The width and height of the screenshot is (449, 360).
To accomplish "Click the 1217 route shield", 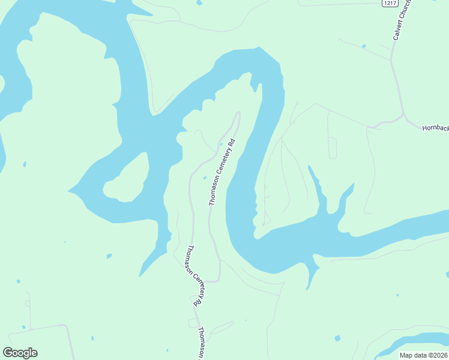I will (x=390, y=4).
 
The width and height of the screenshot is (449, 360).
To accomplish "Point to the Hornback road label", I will (x=435, y=128).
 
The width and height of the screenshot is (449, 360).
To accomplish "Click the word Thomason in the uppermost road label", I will (x=214, y=191).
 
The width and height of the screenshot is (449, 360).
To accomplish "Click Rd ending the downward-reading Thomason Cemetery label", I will (x=196, y=302).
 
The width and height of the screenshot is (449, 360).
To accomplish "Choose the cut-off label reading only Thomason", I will (x=202, y=343).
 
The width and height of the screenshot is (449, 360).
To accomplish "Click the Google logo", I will (x=20, y=353).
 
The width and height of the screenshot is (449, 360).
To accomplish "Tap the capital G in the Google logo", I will (x=8, y=353).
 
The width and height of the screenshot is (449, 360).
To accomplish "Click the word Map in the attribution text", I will (x=406, y=355).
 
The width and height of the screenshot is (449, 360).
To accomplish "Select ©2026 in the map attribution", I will (x=436, y=355).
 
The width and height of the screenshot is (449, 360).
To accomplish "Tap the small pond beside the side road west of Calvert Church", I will (x=364, y=46).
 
